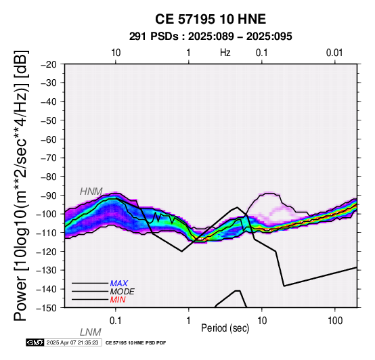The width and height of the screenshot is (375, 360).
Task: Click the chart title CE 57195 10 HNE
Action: (x=211, y=19)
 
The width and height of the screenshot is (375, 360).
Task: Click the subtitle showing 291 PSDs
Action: (x=211, y=37)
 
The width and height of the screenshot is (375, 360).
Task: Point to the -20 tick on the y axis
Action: (x=49, y=64)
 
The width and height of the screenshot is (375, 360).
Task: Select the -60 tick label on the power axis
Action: (x=49, y=139)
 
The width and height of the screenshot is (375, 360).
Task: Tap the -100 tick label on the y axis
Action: (x=47, y=214)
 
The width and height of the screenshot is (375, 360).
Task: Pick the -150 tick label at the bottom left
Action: (x=47, y=308)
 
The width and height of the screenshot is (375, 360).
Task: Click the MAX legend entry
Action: (x=119, y=284)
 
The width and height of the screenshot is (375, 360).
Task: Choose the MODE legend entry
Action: (x=123, y=292)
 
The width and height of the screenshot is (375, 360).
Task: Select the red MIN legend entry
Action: (x=118, y=300)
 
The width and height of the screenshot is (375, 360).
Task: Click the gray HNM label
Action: (x=91, y=192)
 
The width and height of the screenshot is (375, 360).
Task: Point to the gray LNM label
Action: (x=91, y=332)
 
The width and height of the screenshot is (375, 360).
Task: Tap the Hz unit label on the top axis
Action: (x=225, y=53)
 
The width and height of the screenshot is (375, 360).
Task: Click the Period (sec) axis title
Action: (x=225, y=328)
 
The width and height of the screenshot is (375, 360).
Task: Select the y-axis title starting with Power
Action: (x=20, y=185)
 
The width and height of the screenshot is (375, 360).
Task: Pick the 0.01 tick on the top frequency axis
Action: (x=334, y=53)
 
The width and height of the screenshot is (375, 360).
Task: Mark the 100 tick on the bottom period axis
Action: (x=335, y=321)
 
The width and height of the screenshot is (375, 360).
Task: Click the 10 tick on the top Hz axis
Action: (x=116, y=53)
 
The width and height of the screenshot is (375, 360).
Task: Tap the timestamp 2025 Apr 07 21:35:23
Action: (x=72, y=342)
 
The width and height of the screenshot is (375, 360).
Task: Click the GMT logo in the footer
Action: (x=35, y=342)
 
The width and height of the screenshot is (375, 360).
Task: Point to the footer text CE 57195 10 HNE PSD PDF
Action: (x=135, y=343)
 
